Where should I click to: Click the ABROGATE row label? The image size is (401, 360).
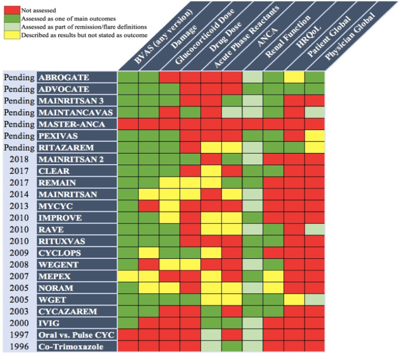pyautogui.click(x=64, y=78)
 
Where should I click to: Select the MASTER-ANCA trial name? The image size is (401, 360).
pyautogui.click(x=70, y=124)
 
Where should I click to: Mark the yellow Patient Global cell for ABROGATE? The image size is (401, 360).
pyautogui.click(x=294, y=78)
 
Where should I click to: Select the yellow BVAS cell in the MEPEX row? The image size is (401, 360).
pyautogui.click(x=128, y=276)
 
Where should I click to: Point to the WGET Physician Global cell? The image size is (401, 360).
pyautogui.click(x=315, y=300)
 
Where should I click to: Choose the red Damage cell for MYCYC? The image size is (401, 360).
pyautogui.click(x=149, y=206)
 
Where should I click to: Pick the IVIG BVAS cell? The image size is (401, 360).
pyautogui.click(x=128, y=323)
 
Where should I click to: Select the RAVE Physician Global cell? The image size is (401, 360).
pyautogui.click(x=315, y=229)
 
